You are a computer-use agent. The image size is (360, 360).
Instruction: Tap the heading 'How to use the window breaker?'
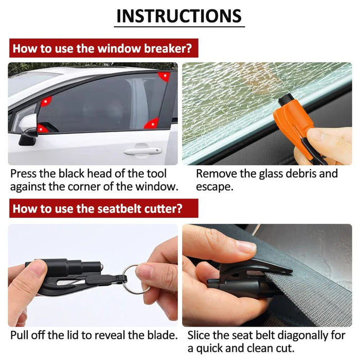pos(103,49)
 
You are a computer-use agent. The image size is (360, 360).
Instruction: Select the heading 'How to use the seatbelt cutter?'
pos(103,208)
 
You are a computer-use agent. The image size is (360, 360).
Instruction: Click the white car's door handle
pos(142,151)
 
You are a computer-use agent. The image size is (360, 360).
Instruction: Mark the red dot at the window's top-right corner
pos(164,76)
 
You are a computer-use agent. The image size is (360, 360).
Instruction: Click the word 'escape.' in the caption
pos(214,187)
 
